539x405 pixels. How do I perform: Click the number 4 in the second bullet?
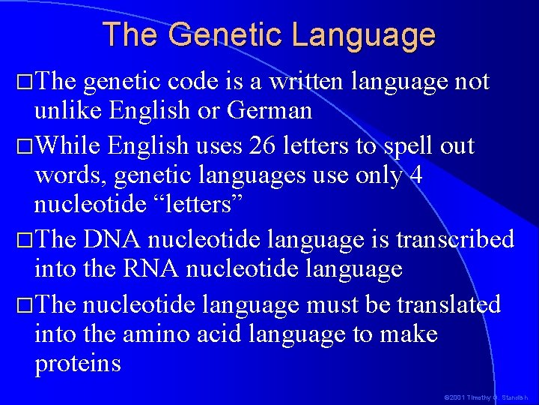[x=416, y=174]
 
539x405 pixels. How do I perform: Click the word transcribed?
[x=454, y=239]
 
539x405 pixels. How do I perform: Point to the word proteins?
[x=77, y=364]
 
